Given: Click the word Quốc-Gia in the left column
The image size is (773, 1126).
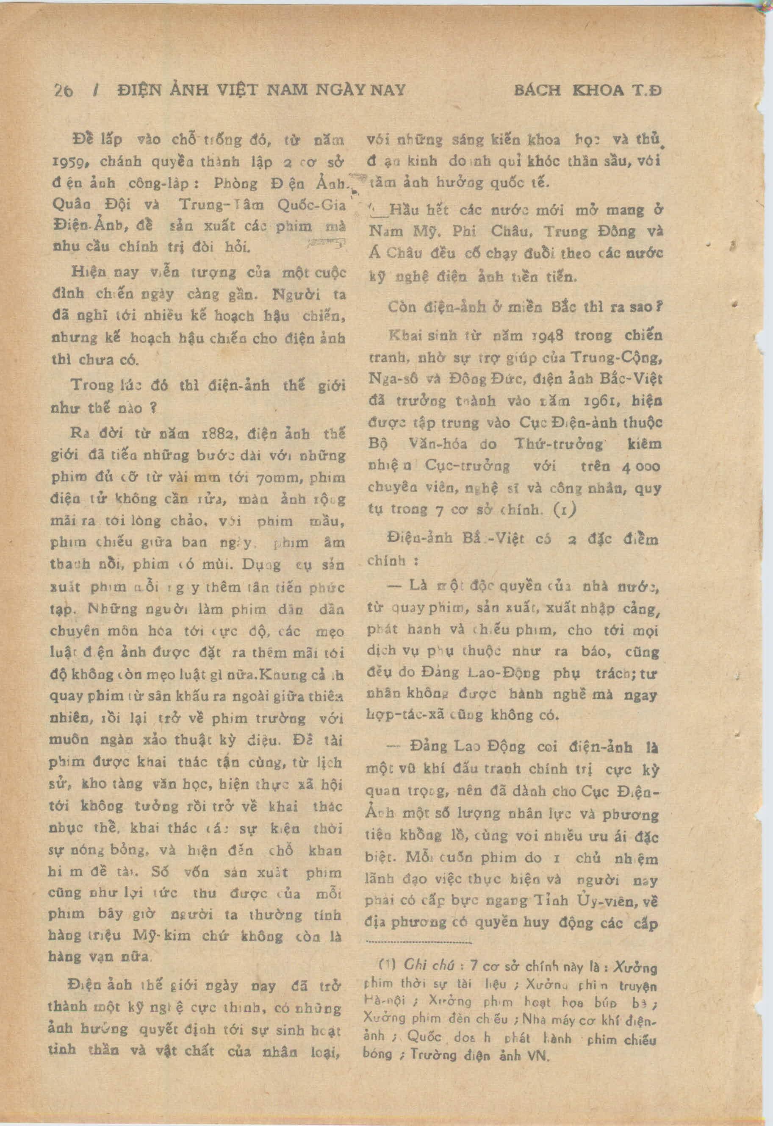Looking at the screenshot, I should pos(311,205).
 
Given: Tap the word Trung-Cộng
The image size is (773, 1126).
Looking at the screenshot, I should pos(616,358).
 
